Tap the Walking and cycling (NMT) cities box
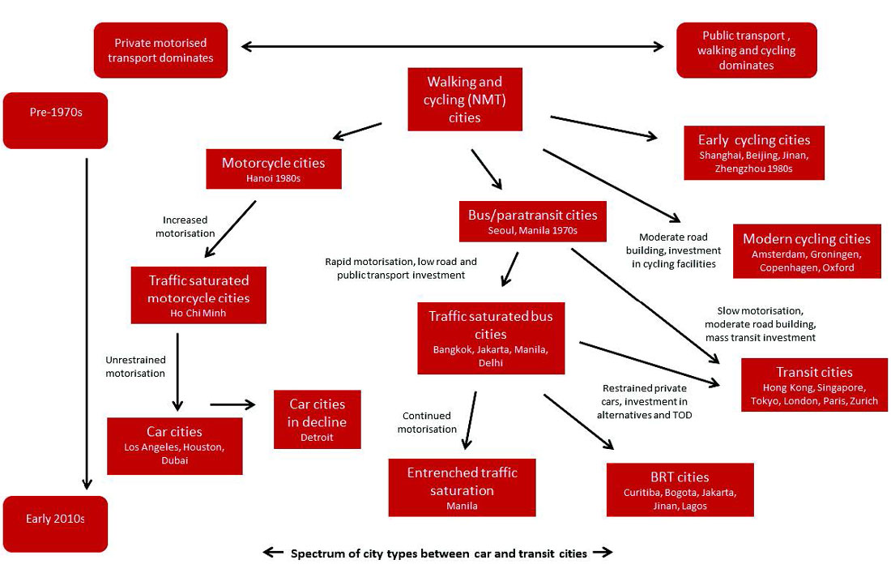pyautogui.click(x=464, y=99)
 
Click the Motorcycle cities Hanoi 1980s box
pyautogui.click(x=273, y=169)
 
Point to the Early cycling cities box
pyautogui.click(x=753, y=152)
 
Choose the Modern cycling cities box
pyautogui.click(x=806, y=251)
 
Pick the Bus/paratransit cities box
pyautogui.click(x=532, y=221)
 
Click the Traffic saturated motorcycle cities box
pyautogui.click(x=198, y=295)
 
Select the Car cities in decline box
pyautogui.click(x=317, y=419)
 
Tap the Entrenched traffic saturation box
pyautogui.click(x=462, y=487)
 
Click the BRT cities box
pyautogui.click(x=680, y=489)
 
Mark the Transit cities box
pyautogui.click(x=814, y=384)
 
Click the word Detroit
pyautogui.click(x=317, y=438)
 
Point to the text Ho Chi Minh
pyautogui.click(x=198, y=313)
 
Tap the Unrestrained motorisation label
pyautogui.click(x=135, y=366)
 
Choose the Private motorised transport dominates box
pyautogui.click(x=160, y=50)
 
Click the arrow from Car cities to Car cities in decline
pyautogui.click(x=233, y=403)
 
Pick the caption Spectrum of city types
pyautogui.click(x=437, y=553)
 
